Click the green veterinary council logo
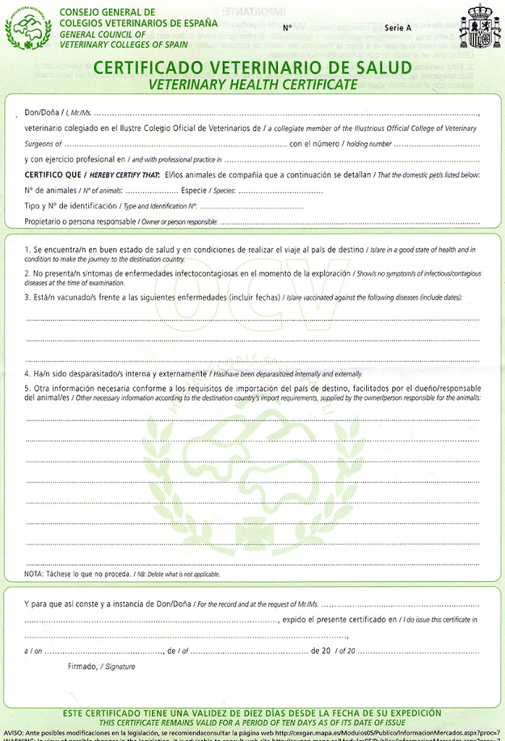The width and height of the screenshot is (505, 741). (28, 27)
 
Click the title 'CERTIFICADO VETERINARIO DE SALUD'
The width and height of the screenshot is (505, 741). (252, 69)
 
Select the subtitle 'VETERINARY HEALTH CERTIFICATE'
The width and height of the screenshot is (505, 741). (252, 84)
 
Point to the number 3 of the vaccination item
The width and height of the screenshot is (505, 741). (27, 297)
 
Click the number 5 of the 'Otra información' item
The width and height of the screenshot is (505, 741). (27, 389)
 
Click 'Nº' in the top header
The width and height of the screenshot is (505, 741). (287, 27)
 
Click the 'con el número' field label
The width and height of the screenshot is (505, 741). (315, 144)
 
